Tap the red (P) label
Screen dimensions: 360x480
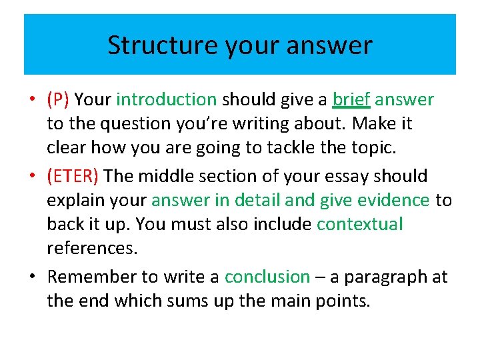click(59, 100)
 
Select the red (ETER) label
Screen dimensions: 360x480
click(73, 176)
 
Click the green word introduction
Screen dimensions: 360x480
click(166, 100)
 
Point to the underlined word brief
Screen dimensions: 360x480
click(351, 100)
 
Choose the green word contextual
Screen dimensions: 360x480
click(360, 225)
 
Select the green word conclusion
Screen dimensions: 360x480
click(267, 277)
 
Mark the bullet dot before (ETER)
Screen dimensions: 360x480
click(33, 177)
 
